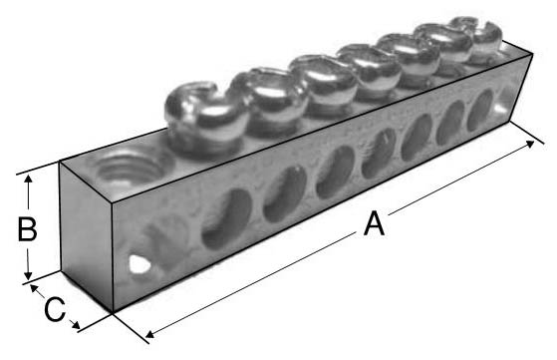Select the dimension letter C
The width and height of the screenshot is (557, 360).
(55, 308)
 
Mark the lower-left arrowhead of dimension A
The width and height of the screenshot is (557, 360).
(149, 332)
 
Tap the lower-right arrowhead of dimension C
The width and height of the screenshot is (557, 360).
(78, 325)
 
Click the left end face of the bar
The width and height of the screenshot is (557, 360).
(90, 234)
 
